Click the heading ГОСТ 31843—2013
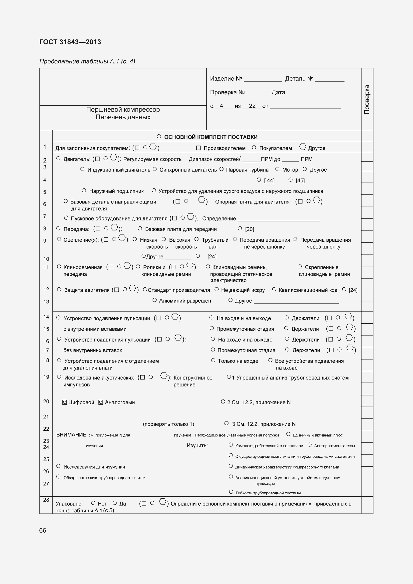click(70, 42)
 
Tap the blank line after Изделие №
click(263, 79)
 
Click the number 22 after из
click(252, 106)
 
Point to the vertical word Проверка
click(367, 99)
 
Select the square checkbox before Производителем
click(198, 148)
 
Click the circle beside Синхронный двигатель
click(155, 169)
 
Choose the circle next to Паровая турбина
click(221, 169)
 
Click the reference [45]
click(300, 180)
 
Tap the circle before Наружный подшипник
click(84, 191)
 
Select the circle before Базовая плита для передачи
click(140, 229)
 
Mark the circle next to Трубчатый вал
click(197, 239)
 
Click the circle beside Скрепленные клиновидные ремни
click(300, 267)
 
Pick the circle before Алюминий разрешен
click(154, 300)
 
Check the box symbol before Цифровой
click(65, 402)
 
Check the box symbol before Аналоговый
click(100, 402)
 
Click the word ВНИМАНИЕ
click(71, 435)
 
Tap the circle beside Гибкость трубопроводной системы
click(231, 492)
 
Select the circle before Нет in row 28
click(93, 503)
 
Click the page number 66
click(43, 531)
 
